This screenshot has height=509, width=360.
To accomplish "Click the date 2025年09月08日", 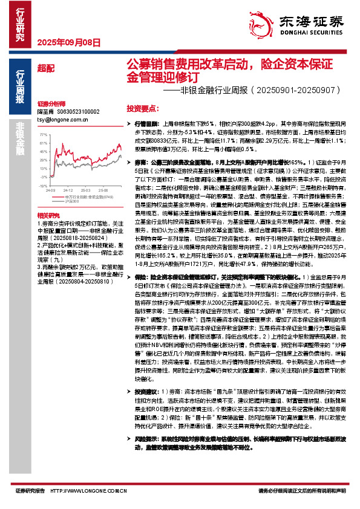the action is tap(68, 42).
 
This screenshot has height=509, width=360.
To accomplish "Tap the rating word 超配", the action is tap(44, 68).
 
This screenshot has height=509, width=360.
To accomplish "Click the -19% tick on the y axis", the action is tap(44, 177).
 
